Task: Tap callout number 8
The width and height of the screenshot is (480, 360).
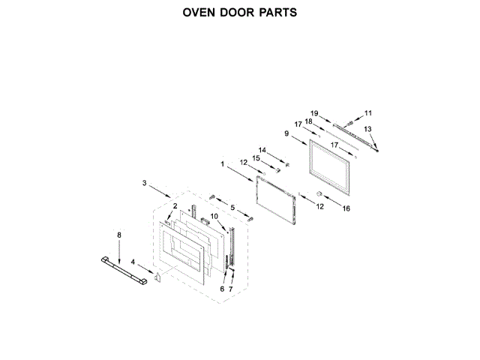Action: coord(118,235)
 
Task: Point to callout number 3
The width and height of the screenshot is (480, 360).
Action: coord(145,182)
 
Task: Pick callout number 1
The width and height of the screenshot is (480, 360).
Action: coord(223,163)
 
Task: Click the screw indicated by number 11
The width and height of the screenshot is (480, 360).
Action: coord(352,118)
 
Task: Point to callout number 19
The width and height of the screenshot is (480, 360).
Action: coord(315,113)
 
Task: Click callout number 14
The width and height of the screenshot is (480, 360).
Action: coord(262,149)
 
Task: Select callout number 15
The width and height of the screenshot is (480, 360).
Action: coord(255,158)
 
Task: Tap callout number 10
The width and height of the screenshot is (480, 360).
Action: coord(214,217)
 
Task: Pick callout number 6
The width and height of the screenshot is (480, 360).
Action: coord(222,289)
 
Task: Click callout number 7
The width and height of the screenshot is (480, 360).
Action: coord(231,289)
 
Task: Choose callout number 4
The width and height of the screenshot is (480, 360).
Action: coord(133,262)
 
